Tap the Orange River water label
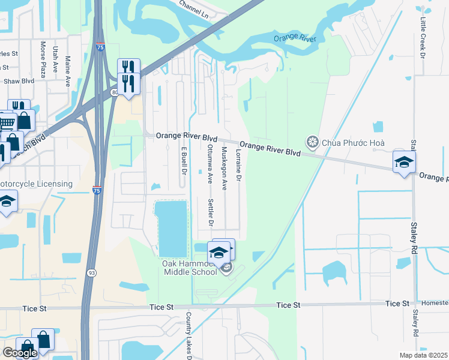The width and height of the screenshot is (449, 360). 295,38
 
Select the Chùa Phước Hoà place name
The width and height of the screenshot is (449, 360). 353,143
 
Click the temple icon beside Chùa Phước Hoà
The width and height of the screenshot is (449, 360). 312,142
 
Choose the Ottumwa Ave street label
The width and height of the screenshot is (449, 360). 209,163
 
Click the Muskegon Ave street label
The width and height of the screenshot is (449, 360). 224,169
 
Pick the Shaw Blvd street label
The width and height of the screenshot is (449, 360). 19,81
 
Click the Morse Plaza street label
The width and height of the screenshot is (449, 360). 43,56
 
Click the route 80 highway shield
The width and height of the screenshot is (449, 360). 115,92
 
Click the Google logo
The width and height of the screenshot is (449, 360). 20,353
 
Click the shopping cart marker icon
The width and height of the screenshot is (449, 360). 6,123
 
